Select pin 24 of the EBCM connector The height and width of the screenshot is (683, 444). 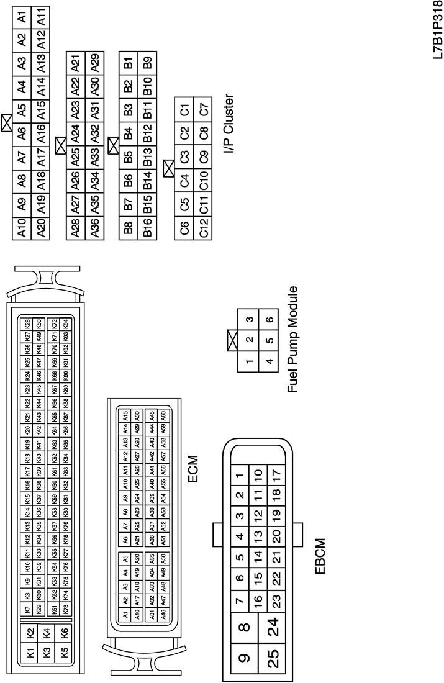274,621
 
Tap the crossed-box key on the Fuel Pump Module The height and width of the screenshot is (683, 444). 235,340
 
